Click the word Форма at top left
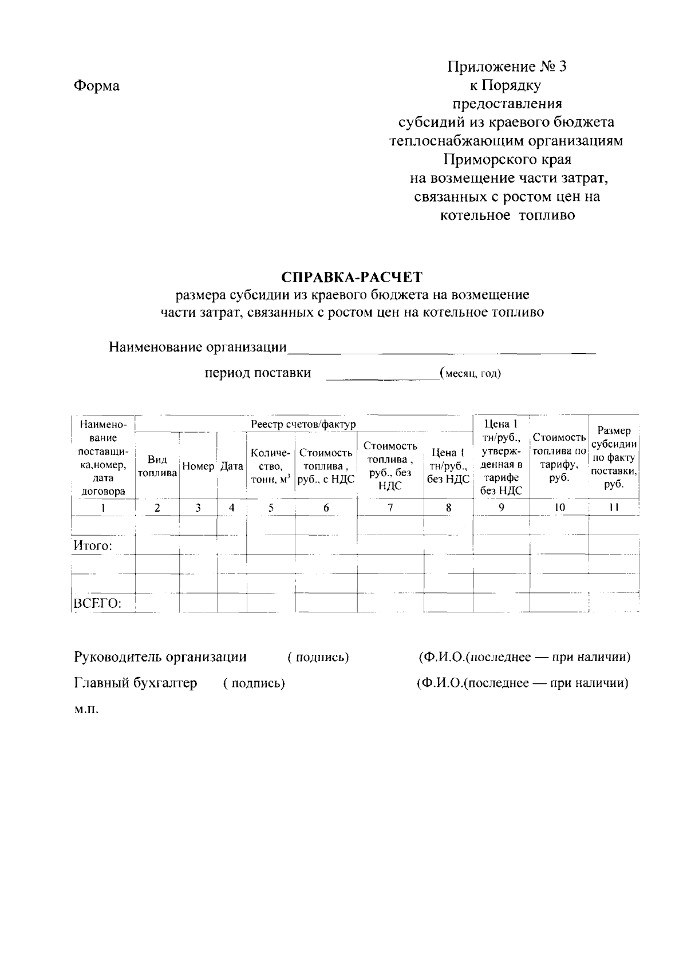pyautogui.click(x=97, y=86)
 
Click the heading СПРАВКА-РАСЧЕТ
pyautogui.click(x=352, y=278)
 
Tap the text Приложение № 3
pyautogui.click(x=507, y=67)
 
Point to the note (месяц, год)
pyautogui.click(x=471, y=374)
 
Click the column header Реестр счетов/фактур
pyautogui.click(x=303, y=424)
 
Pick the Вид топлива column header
pyautogui.click(x=157, y=466)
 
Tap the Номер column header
pyautogui.click(x=198, y=466)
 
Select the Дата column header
pyautogui.click(x=232, y=466)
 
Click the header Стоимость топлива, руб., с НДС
pyautogui.click(x=326, y=466)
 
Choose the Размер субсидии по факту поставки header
pyautogui.click(x=614, y=457)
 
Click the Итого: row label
pyautogui.click(x=92, y=546)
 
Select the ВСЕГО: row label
pyautogui.click(x=97, y=603)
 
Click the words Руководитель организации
pyautogui.click(x=160, y=657)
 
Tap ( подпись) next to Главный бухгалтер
pyautogui.click(x=254, y=683)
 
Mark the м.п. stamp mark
pyautogui.click(x=86, y=710)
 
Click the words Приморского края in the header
pyautogui.click(x=507, y=159)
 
